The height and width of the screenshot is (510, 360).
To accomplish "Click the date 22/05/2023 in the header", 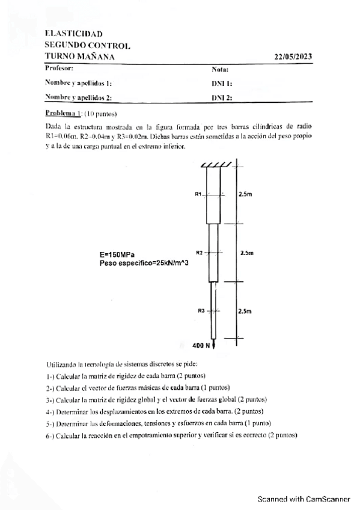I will pos(293,57).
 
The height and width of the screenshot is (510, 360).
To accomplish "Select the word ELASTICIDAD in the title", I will pos(73,34).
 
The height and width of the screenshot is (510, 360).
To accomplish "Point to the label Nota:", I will pos(220,70).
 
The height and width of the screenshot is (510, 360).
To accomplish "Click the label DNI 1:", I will pos(222,84).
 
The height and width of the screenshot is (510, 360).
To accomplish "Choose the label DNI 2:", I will pos(222,97).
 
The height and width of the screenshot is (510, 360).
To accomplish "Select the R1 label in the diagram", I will pos(198,194).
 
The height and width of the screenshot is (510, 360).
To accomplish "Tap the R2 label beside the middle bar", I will pos(200,253).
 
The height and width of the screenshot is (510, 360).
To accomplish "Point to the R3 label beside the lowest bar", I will pos(201,311).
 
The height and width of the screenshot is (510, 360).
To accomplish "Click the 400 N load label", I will pos(201,346).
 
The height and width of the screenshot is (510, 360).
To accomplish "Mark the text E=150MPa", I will pos(117,255).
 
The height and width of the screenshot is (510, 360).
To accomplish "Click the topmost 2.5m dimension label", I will pos(245,194).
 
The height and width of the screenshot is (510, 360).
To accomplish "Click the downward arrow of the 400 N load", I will pos(214,345).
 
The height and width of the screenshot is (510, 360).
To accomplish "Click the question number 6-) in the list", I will pos(50,435).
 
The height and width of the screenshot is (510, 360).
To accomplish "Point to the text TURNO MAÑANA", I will pos(80,57).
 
